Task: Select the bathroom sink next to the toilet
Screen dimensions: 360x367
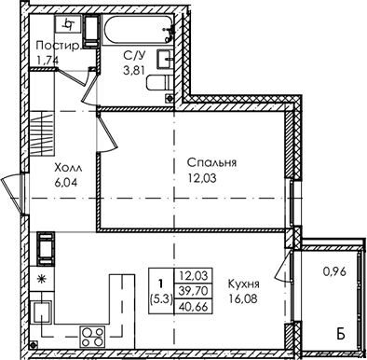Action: click(x=162, y=60)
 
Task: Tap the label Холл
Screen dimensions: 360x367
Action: click(x=67, y=169)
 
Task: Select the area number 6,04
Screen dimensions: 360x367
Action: click(x=67, y=184)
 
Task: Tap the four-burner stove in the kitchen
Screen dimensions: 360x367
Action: click(x=92, y=334)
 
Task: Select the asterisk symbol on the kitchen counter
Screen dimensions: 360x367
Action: click(x=41, y=279)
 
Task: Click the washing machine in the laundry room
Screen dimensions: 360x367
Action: click(x=68, y=24)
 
